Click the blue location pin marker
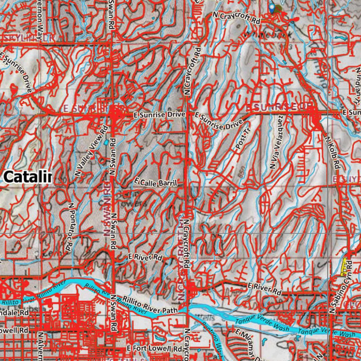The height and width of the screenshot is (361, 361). pyautogui.click(x=272, y=8)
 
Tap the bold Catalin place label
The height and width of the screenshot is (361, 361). pyautogui.click(x=28, y=177)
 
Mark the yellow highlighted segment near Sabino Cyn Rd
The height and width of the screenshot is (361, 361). pyautogui.click(x=344, y=267)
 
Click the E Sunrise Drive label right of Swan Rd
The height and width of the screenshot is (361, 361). pyautogui.click(x=160, y=115)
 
